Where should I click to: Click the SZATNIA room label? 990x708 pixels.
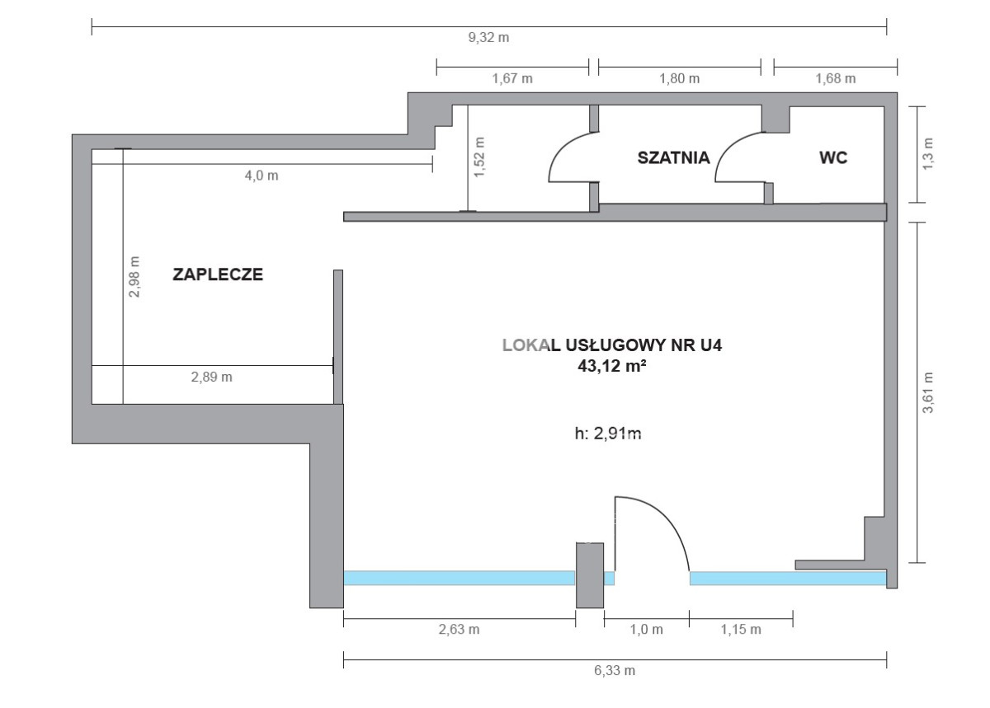pyautogui.click(x=673, y=157)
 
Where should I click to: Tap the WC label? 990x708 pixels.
pyautogui.click(x=833, y=157)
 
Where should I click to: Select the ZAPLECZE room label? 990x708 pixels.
pyautogui.click(x=218, y=274)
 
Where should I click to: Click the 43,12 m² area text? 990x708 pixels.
pyautogui.click(x=612, y=366)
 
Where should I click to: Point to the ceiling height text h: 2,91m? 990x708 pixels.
pyautogui.click(x=608, y=434)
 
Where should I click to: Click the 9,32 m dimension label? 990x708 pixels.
pyautogui.click(x=488, y=38)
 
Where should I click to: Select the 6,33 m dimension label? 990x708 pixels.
pyautogui.click(x=615, y=670)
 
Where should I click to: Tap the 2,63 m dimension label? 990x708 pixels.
pyautogui.click(x=459, y=629)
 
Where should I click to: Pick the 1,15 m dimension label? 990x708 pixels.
pyautogui.click(x=741, y=629)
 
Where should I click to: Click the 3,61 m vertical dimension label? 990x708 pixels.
pyautogui.click(x=927, y=392)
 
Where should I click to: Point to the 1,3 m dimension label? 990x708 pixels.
pyautogui.click(x=927, y=153)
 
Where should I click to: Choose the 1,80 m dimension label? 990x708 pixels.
pyautogui.click(x=680, y=78)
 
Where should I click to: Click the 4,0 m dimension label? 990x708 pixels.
pyautogui.click(x=262, y=176)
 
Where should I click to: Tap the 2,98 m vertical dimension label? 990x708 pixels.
pyautogui.click(x=134, y=277)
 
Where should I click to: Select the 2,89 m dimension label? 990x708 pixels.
pyautogui.click(x=212, y=377)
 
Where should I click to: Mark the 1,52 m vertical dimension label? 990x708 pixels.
pyautogui.click(x=479, y=157)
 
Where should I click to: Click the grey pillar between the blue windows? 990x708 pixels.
pyautogui.click(x=590, y=575)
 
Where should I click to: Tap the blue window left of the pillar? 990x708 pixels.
pyautogui.click(x=460, y=578)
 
